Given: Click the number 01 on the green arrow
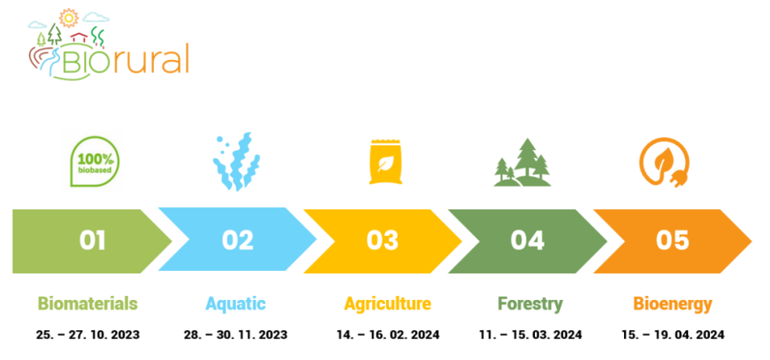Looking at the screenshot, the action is coord(93,241).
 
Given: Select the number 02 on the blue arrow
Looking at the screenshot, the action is coord(237,241).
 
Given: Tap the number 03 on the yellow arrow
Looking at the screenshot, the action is coord(383,241).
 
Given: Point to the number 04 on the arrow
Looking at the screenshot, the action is coord(528,241).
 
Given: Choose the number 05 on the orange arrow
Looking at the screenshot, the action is coord(673,241).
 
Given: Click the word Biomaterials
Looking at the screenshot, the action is coord(88,304).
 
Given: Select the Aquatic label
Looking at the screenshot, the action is coord(236,304).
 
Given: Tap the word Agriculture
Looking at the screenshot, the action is coord(387,304).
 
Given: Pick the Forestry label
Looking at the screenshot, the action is coord(530,304).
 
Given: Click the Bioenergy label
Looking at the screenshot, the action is coord(672,304).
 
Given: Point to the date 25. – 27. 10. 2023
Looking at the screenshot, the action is coord(88,335).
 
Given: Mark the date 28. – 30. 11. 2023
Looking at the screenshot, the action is coord(236,335).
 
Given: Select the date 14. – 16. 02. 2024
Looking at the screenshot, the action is coord(388,335).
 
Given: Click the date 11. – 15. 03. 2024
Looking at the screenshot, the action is coord(531,335).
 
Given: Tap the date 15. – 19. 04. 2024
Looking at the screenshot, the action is coord(673,335).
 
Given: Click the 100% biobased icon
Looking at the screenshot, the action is coord(95,162).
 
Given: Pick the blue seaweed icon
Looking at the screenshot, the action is coord(236,161).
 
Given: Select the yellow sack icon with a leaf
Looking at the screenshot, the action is coord(386,162).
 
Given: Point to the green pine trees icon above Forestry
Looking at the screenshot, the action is coord(522,163).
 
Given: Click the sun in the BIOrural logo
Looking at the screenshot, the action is coord(68,18).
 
